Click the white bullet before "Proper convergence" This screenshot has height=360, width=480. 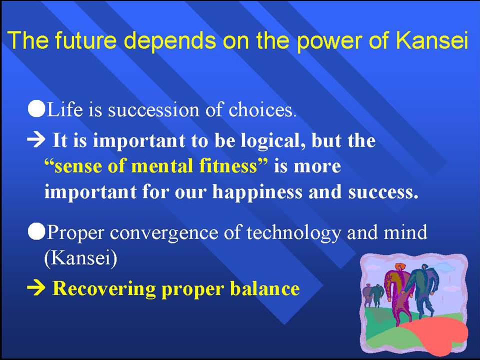pos(36,231)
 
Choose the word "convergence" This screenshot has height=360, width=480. pos(164,233)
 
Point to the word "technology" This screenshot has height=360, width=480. pos(293,233)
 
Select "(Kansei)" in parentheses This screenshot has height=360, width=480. pos(81,258)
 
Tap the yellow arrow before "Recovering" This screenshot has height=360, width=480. pos(36,288)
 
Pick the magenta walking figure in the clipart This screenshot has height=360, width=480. pos(396,293)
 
